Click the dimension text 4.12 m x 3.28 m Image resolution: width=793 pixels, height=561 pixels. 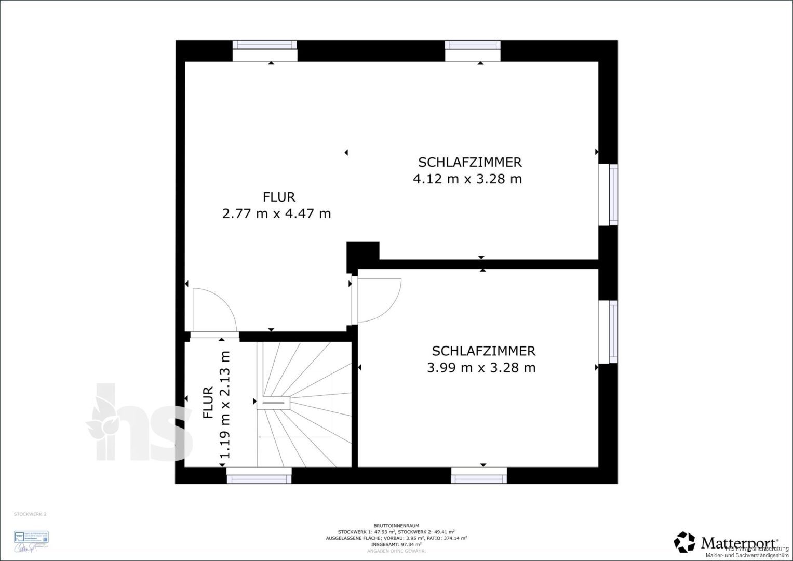click(x=467, y=179)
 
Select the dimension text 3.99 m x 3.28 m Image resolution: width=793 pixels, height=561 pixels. click(x=481, y=368)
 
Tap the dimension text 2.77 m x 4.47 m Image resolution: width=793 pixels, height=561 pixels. click(x=276, y=213)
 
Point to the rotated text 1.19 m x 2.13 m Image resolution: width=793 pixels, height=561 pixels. click(x=224, y=405)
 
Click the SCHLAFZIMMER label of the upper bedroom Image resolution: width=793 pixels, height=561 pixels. click(x=469, y=162)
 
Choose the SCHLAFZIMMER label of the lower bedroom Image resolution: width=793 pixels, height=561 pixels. click(x=483, y=351)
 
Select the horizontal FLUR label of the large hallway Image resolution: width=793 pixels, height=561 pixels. click(x=279, y=197)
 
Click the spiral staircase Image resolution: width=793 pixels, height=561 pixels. click(x=304, y=403)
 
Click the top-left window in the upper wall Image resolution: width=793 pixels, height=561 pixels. click(x=264, y=51)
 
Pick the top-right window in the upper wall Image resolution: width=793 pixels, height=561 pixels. click(x=473, y=51)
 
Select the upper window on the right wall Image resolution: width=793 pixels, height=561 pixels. click(x=608, y=195)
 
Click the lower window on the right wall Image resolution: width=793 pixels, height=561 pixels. click(x=608, y=332)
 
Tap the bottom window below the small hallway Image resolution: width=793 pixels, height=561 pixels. click(x=259, y=475)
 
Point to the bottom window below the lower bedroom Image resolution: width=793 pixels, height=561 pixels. click(x=478, y=475)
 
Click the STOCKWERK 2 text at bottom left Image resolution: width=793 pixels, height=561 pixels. click(x=30, y=514)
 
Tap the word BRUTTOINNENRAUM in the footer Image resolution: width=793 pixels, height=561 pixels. click(x=396, y=526)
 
